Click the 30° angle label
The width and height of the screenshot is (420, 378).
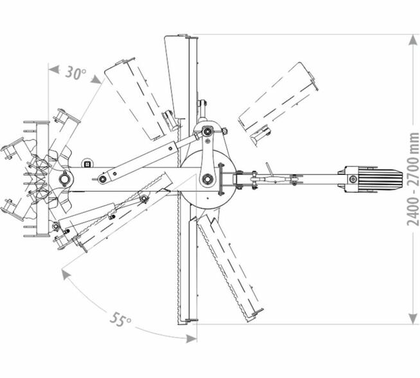(x=76, y=73)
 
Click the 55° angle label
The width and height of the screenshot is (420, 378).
(x=121, y=319)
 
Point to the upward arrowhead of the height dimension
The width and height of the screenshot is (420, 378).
(x=413, y=40)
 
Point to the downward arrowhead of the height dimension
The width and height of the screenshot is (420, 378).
(x=413, y=318)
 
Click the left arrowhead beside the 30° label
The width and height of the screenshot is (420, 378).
(x=53, y=69)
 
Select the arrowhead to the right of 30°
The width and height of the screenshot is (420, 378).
(x=96, y=79)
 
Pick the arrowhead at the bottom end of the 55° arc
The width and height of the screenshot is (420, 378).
(x=191, y=339)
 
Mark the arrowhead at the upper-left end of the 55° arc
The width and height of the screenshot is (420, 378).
(x=66, y=274)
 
